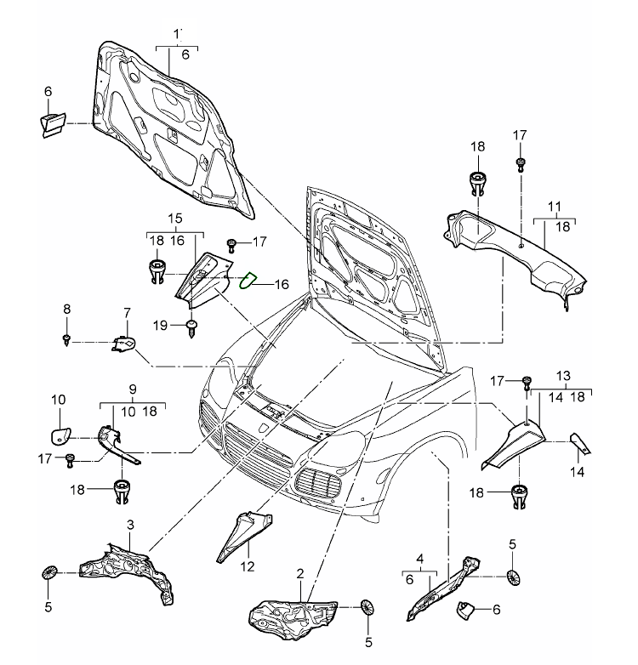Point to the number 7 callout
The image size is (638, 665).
(128, 314)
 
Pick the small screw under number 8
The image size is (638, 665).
(66, 340)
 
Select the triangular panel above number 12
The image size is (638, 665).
(245, 531)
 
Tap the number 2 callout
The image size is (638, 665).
(300, 574)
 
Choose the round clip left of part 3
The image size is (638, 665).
(48, 572)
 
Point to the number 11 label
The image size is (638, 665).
(554, 207)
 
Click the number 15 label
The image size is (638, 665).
(175, 219)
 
